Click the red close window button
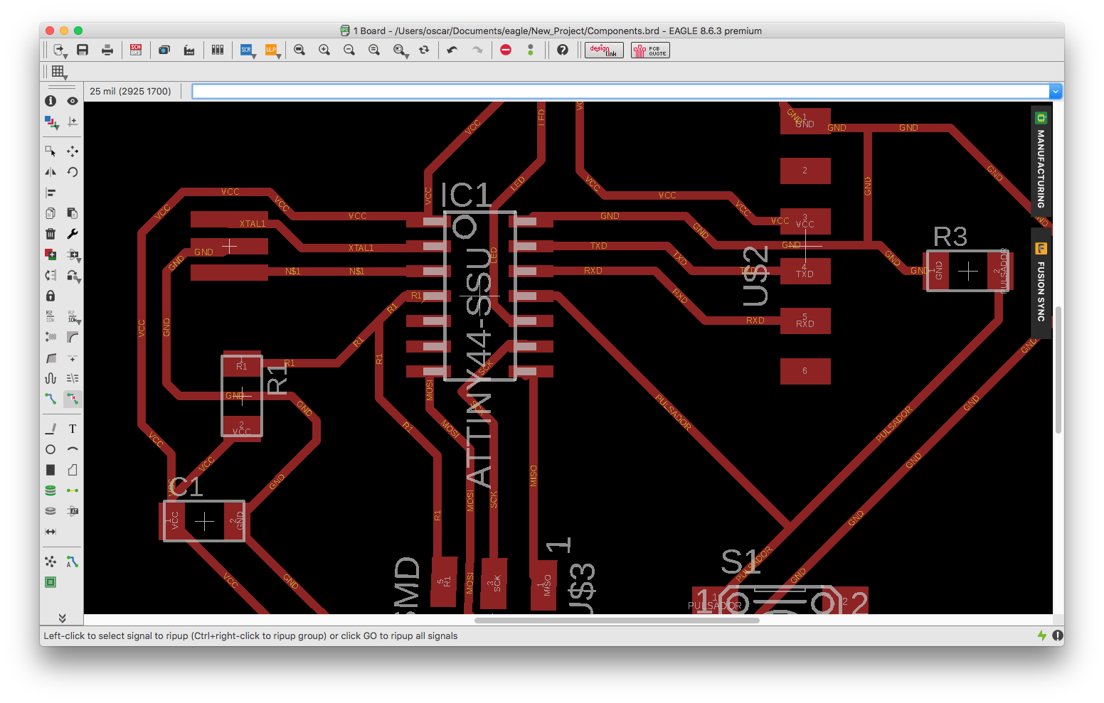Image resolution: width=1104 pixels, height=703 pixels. pyautogui.click(x=50, y=31)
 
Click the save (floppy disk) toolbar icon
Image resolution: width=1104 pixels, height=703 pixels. pyautogui.click(x=83, y=50)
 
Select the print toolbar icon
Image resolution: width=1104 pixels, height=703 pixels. pyautogui.click(x=107, y=50)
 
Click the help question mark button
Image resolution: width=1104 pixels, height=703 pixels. pyautogui.click(x=563, y=50)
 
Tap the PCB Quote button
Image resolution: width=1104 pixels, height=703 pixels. pyautogui.click(x=650, y=50)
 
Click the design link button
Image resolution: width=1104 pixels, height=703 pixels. pyautogui.click(x=604, y=50)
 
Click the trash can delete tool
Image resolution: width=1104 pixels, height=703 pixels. pyautogui.click(x=51, y=234)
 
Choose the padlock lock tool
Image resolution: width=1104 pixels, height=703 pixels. pyautogui.click(x=51, y=296)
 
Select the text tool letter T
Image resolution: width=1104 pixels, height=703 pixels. pyautogui.click(x=73, y=429)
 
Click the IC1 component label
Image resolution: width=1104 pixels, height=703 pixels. pyautogui.click(x=466, y=195)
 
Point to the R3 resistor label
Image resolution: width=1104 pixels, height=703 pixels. pyautogui.click(x=950, y=237)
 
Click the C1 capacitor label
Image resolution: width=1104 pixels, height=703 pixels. pyautogui.click(x=186, y=487)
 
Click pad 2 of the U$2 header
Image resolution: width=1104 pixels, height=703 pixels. pyautogui.click(x=805, y=171)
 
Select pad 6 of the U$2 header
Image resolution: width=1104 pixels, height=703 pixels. pyautogui.click(x=805, y=371)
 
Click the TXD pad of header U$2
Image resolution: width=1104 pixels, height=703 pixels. pyautogui.click(x=805, y=272)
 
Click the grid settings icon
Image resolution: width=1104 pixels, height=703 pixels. pyautogui.click(x=58, y=71)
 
